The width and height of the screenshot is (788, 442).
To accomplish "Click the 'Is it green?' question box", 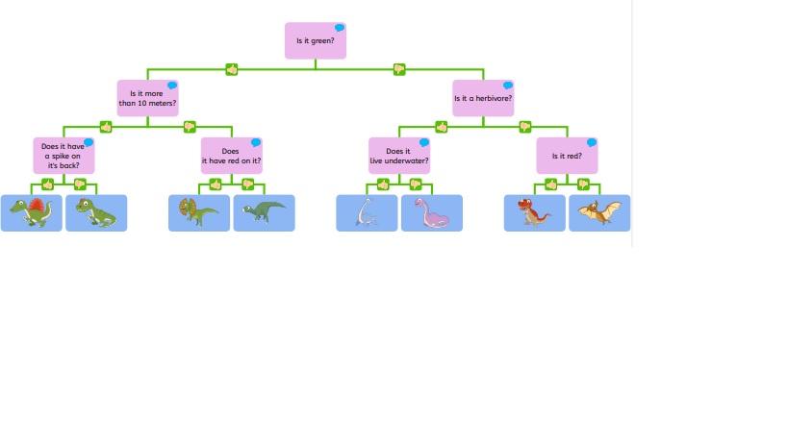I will pos(315,41).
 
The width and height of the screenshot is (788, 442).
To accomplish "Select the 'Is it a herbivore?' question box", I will pos(483,98).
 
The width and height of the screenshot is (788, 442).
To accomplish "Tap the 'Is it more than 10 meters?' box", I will pos(147,98).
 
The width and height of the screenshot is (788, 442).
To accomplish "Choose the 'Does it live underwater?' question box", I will pos(398,156).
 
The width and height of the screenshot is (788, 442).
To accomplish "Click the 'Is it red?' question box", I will pos(567,156).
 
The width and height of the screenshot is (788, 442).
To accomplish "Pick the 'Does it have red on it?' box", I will pos(231,156).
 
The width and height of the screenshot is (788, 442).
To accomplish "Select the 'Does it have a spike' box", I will pos(64,156).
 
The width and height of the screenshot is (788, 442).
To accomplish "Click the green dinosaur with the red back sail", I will pos(32,212).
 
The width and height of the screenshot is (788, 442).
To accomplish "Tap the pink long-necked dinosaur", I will pos(431,212).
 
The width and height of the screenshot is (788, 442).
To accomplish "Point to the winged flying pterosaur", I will pos(599,212).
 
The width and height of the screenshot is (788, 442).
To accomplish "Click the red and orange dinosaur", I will pos(534,212).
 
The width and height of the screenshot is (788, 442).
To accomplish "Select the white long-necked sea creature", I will pos(367,212).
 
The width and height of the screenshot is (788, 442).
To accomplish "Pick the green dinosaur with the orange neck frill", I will pos(198,212).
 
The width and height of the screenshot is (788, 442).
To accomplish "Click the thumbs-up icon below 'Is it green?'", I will pos(231,69).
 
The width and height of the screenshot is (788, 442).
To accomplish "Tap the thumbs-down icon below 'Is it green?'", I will pos(399,69).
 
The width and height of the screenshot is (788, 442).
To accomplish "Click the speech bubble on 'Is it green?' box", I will pos(340,28).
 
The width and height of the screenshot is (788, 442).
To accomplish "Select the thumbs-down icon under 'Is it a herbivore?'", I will pos(525,126).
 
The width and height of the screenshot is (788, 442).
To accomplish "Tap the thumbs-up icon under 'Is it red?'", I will pos(551,184).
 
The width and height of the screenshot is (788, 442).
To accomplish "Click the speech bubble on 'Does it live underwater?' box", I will pos(423,142).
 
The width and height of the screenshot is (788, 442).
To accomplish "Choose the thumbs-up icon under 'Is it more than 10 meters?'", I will pos(106,126).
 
